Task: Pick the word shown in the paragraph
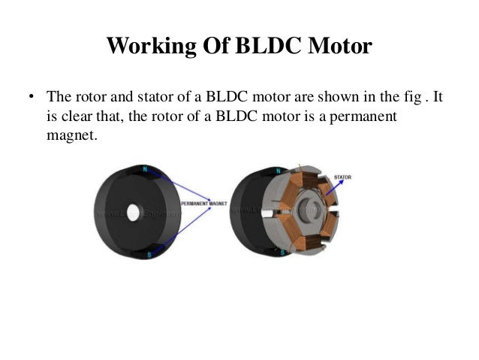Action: [x=340, y=98]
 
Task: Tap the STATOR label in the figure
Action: [x=342, y=177]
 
